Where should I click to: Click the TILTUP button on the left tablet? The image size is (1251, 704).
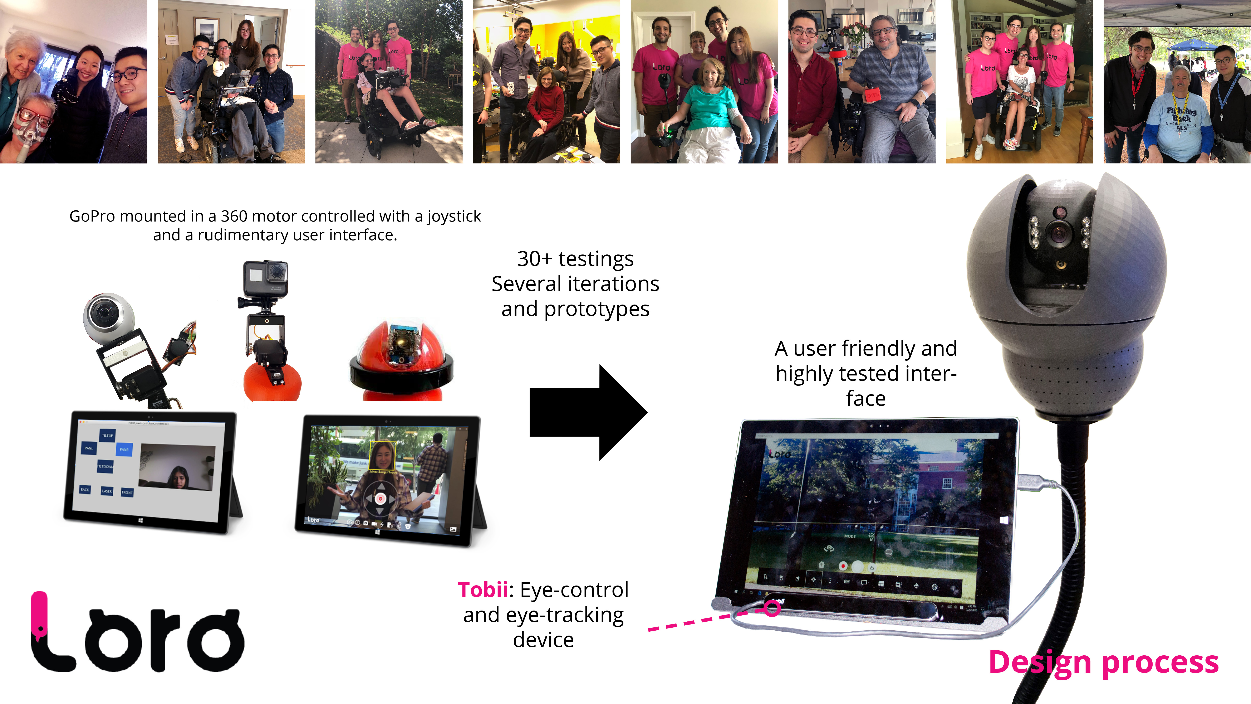point(107,435)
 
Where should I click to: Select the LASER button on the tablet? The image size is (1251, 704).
point(107,491)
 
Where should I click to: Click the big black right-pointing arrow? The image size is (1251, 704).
point(588,412)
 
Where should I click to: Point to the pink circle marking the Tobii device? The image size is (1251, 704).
point(772,608)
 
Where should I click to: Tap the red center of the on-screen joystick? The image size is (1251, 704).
point(380,499)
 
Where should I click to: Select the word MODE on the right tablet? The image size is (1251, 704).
point(850,536)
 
